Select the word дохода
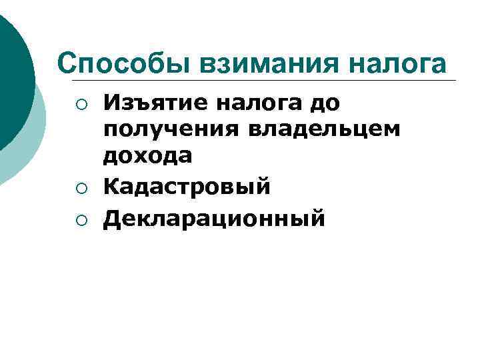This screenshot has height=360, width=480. point(147,155)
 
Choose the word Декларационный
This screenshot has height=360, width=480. point(214,217)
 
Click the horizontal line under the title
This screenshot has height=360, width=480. point(267,81)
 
